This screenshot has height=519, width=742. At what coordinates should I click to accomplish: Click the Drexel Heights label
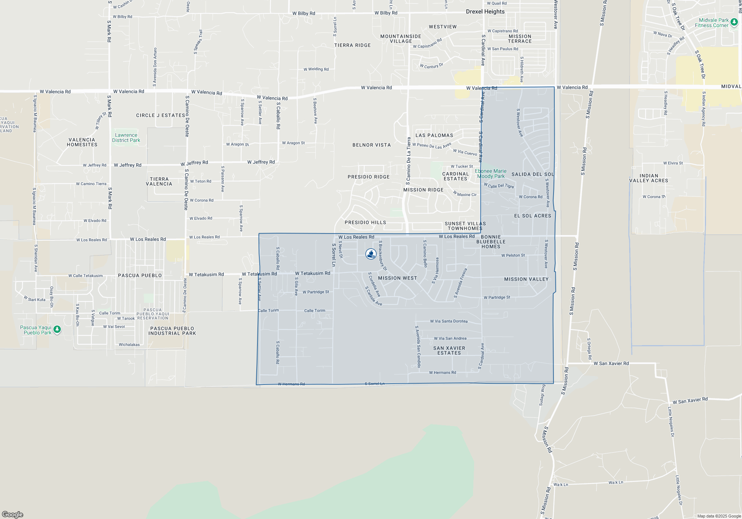point(485,11)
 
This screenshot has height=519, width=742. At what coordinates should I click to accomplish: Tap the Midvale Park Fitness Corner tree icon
point(734,23)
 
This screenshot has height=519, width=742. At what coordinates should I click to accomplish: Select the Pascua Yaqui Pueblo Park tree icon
point(57,329)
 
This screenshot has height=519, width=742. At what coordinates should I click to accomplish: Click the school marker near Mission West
point(371,254)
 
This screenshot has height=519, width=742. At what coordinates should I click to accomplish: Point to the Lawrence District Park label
point(126,138)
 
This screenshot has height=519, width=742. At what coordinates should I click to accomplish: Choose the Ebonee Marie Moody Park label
point(490,173)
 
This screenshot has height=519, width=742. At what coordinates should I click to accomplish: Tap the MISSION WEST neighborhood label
point(397,278)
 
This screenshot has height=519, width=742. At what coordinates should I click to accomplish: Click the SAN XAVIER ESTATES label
point(449,350)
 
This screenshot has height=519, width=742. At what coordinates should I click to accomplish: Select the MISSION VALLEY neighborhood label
point(526,279)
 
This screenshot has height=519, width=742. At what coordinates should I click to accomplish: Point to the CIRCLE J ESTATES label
point(161,115)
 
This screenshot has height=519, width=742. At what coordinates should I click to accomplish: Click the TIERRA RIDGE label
point(352,45)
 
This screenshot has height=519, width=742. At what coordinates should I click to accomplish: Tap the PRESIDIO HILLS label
point(365,222)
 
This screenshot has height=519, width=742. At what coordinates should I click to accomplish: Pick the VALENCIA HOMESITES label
point(82,142)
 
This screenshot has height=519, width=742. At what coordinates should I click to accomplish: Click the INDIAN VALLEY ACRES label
point(649,178)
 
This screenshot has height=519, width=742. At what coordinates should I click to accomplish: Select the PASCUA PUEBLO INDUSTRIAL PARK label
point(172,331)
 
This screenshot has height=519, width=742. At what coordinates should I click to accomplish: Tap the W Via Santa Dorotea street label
point(449,321)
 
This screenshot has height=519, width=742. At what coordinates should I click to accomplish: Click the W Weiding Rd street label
point(316,69)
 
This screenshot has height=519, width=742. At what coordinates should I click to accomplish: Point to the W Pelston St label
point(513,255)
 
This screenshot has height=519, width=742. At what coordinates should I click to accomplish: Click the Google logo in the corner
point(13,514)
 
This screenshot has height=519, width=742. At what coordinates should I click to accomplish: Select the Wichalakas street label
point(129,345)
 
